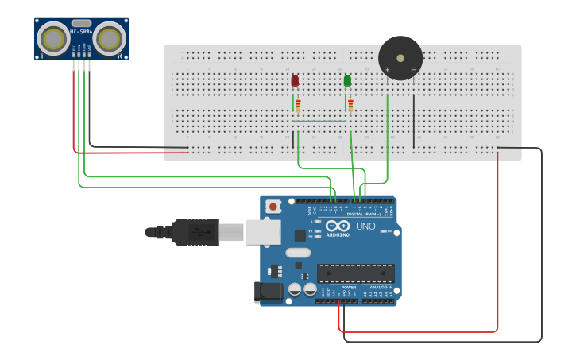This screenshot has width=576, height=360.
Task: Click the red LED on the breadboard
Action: point(295,80)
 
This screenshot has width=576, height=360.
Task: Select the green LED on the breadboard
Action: point(347,80)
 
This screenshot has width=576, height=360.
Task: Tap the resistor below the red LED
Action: point(298,105)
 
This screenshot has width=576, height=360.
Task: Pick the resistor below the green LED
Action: point(350,105)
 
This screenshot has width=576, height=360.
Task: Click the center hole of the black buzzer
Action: point(400,57)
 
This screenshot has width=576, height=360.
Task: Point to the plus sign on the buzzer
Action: point(388,70)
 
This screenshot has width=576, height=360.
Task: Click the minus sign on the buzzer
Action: point(413,70)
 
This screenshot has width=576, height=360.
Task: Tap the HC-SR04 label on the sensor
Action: point(81,31)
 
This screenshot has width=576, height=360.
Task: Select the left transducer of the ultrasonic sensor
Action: point(54,39)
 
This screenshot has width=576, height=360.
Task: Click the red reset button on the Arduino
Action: point(273,206)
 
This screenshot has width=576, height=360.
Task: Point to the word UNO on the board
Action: point(365,226)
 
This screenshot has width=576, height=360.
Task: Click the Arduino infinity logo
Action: point(337,226)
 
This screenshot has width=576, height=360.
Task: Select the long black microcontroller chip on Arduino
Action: point(355,273)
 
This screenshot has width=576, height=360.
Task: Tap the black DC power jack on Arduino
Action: point(269,292)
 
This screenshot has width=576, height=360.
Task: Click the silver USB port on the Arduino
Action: point(263,231)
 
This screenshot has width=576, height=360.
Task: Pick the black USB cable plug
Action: point(195,232)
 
